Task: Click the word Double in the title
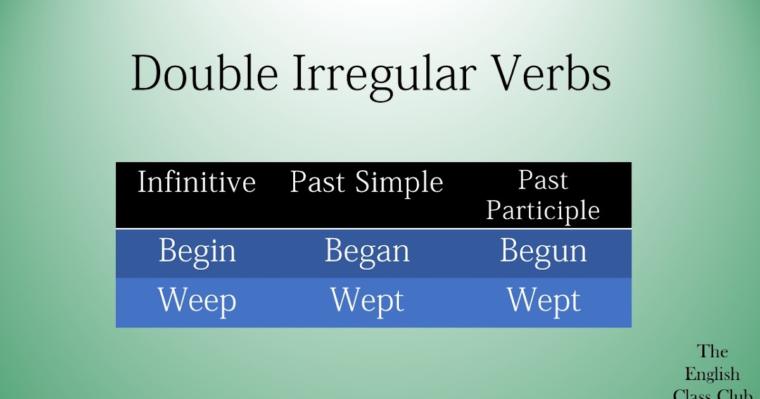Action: point(205,75)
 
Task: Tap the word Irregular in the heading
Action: point(384,75)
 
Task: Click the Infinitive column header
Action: point(196,182)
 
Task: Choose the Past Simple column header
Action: point(366,182)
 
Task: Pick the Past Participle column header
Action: point(543,195)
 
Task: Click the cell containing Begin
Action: point(197,251)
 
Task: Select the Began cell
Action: point(367,251)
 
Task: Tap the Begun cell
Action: point(543,251)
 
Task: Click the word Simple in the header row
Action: point(398,182)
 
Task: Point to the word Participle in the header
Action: point(543,210)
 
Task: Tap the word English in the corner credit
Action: point(712,374)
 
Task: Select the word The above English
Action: point(712,351)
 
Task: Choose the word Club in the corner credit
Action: point(734,394)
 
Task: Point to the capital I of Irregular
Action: point(301,75)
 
